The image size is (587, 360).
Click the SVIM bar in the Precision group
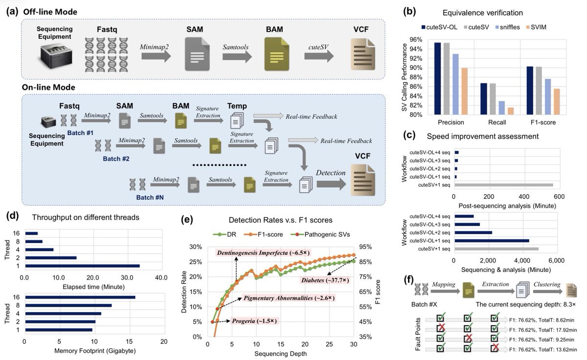coord(464,91)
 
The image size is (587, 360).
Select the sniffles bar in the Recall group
coord(501,108)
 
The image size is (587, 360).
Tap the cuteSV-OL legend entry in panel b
coord(439,27)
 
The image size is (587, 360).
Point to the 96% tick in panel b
coord(416,40)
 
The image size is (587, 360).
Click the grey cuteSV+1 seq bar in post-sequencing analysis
coord(504,185)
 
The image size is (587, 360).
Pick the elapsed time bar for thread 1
coord(82,266)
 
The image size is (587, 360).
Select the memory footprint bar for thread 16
coord(80,297)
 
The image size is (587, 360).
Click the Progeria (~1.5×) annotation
coord(254,321)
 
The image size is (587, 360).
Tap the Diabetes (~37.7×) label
coord(325,280)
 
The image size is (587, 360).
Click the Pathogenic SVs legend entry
coord(320,234)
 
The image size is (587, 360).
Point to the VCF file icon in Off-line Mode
coord(362,54)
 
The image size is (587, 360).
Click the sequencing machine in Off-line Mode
coord(56,56)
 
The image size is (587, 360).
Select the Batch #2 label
coord(116,159)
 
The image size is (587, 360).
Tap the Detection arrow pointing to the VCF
coord(331,184)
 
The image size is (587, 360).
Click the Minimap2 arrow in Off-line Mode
coord(156,56)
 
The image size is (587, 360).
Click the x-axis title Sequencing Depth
coord(280,354)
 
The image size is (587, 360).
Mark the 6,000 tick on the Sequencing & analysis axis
coord(556,260)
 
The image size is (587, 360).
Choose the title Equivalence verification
coord(482,13)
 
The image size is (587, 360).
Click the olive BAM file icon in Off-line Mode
coord(276,54)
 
